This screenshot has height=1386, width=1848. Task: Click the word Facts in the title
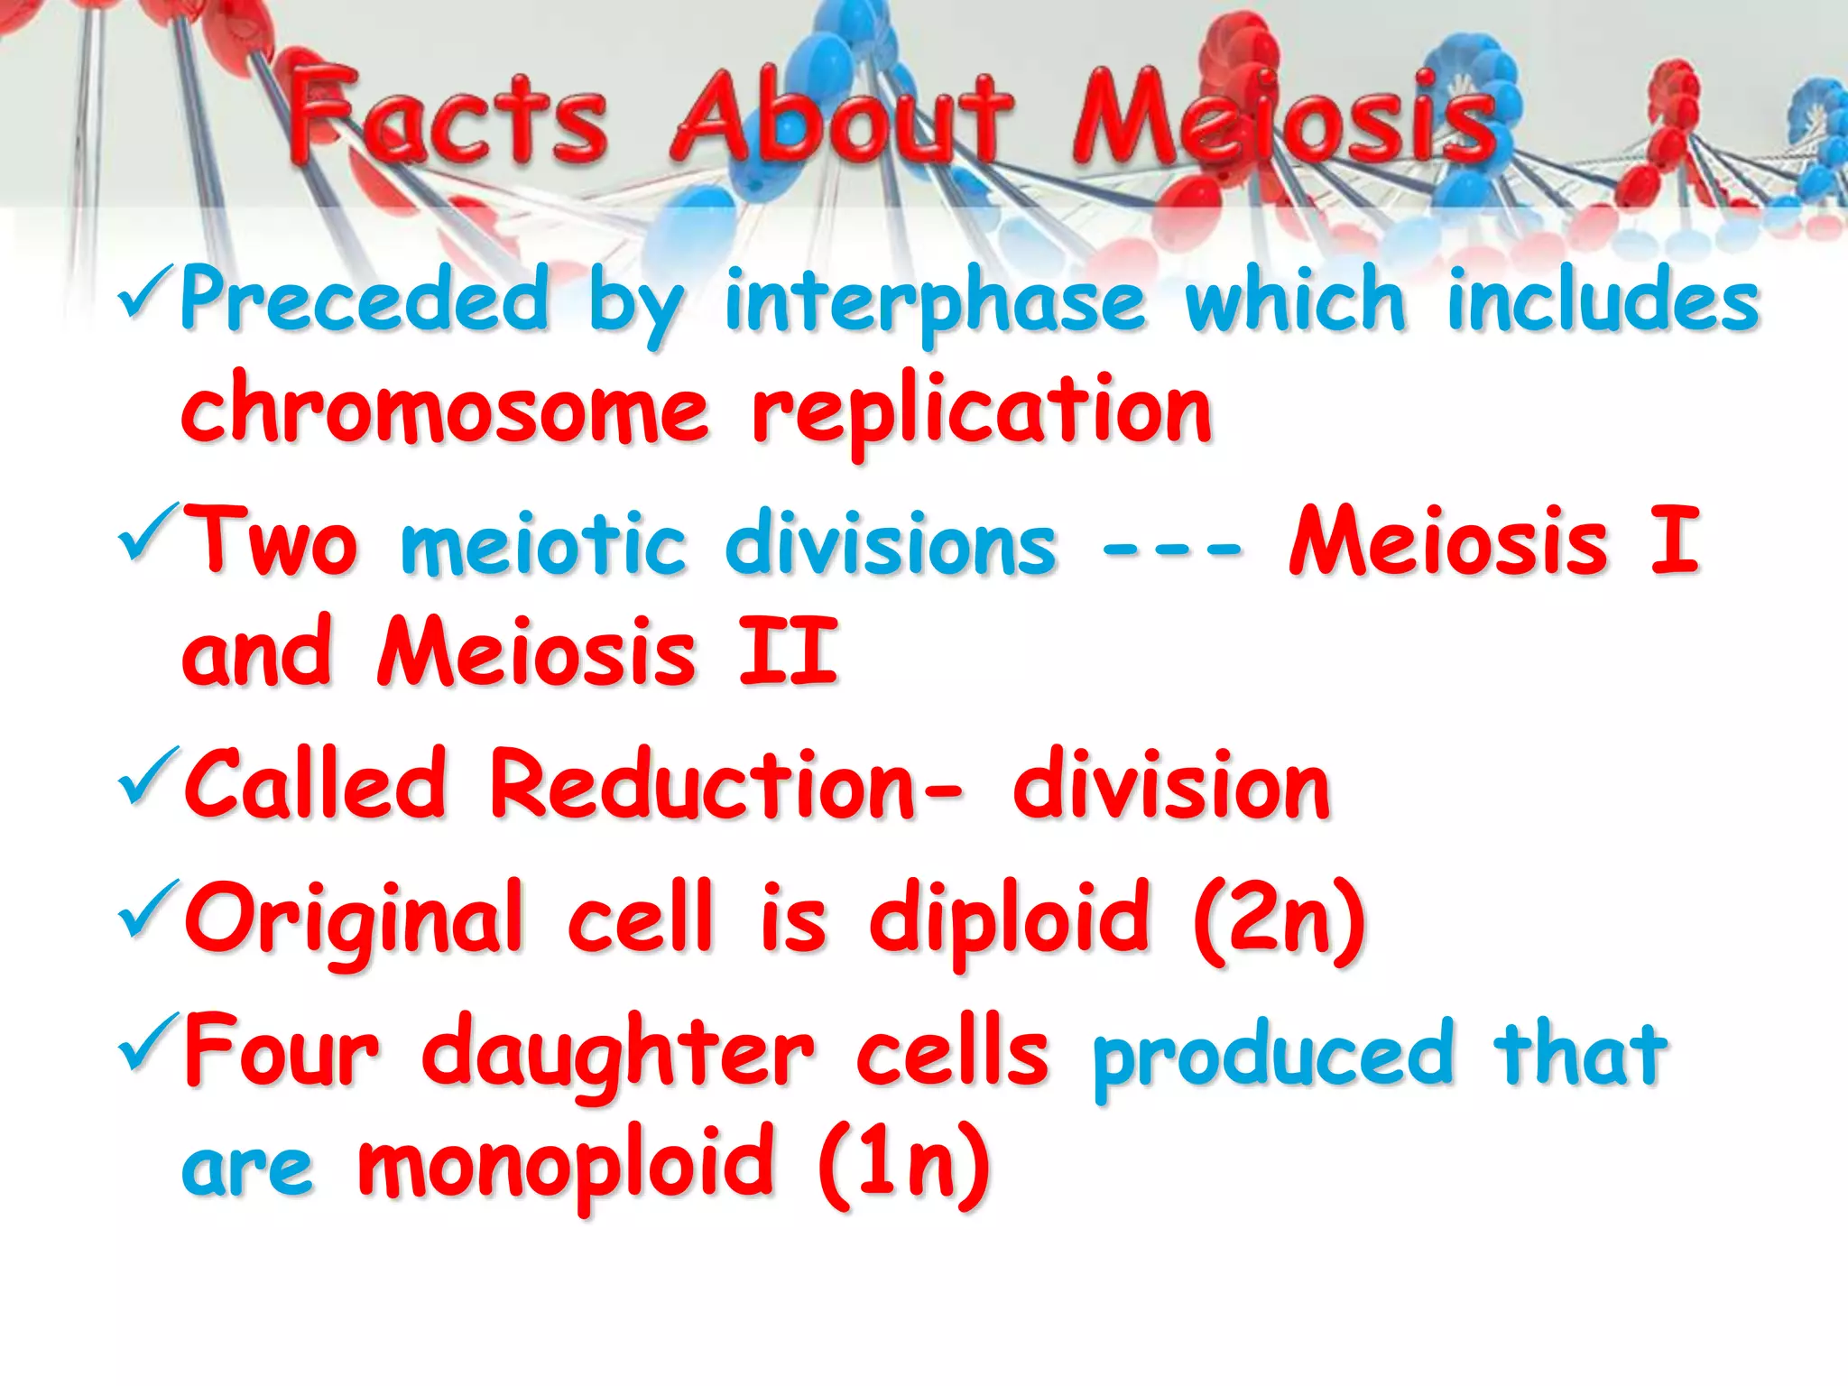448,117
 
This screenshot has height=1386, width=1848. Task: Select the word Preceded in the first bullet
365,300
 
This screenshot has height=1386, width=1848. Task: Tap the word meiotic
543,543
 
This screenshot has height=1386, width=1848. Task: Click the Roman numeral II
789,651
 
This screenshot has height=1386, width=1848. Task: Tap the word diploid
1010,917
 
